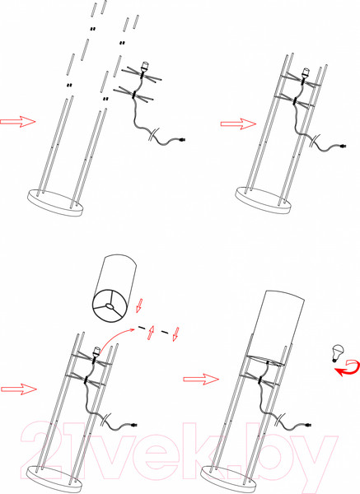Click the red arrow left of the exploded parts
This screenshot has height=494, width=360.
tap(17, 121)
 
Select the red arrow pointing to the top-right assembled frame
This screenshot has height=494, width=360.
tap(238, 123)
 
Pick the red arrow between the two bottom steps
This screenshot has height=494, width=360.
tap(201, 379)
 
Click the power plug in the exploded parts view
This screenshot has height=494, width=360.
tap(182, 139)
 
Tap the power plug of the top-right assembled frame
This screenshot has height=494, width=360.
tap(343, 146)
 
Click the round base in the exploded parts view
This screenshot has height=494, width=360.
tap(55, 203)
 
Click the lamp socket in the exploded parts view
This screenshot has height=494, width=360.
tap(144, 67)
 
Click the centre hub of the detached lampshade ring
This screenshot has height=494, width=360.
tap(109, 305)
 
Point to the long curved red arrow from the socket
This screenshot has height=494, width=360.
tap(117, 336)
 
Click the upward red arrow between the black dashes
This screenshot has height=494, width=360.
tap(151, 332)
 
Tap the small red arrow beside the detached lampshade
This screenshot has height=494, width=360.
tap(139, 305)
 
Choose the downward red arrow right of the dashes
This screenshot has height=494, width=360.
tap(175, 334)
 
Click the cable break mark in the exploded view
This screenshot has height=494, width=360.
tap(154, 133)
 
